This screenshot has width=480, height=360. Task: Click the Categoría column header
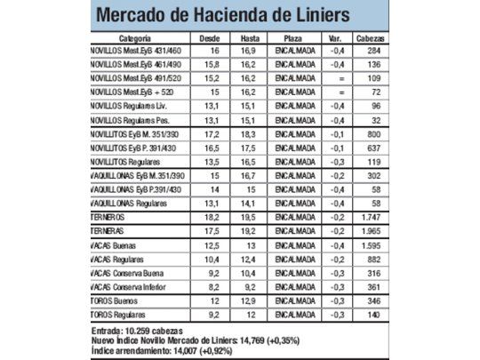134,40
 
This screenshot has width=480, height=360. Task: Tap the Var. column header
336,40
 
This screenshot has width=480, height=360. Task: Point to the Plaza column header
292,40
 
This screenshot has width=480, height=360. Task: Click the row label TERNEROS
108,216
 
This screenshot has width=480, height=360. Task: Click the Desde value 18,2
210,216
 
